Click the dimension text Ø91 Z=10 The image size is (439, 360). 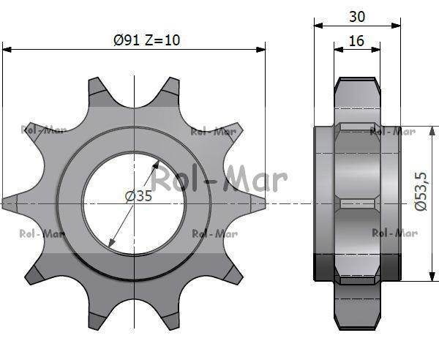tap(147, 40)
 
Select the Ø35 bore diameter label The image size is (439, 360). tap(139, 196)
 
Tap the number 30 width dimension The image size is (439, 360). tap(358, 16)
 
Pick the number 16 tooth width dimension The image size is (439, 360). tap(356, 41)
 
